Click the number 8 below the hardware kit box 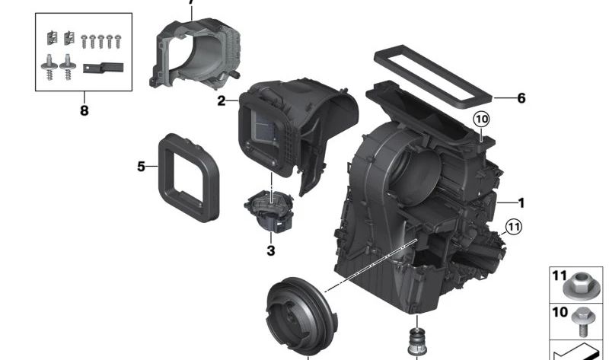(84, 111)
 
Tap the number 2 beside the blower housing (221, 100)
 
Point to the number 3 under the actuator (270, 250)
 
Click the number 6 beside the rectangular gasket (521, 98)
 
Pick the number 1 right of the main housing (521, 203)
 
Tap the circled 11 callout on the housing (515, 226)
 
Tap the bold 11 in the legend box (560, 275)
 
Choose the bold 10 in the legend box (560, 312)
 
